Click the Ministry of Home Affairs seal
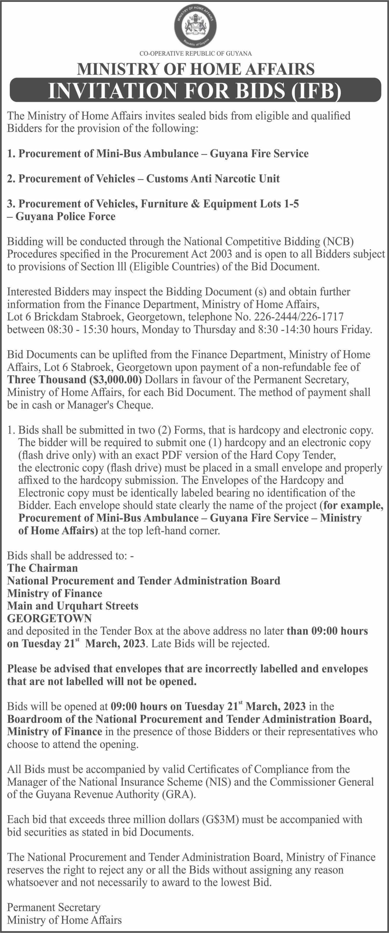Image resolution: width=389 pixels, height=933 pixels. [x=195, y=28]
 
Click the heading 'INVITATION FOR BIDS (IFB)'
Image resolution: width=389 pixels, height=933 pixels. [x=195, y=90]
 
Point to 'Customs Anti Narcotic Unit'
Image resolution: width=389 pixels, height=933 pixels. [x=213, y=179]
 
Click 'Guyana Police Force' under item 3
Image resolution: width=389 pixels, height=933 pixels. [x=66, y=217]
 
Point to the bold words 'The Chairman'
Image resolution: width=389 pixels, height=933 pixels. [x=43, y=568]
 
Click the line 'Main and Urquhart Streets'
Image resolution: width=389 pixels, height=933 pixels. [x=73, y=606]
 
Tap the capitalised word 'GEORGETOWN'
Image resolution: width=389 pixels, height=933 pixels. [x=49, y=618]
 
